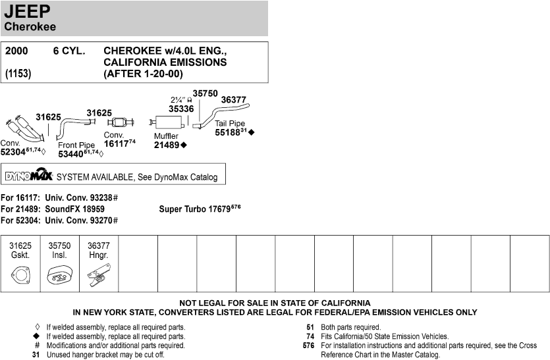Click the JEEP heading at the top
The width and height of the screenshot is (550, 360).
(x=28, y=12)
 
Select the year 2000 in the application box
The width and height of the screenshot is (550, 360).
(x=16, y=51)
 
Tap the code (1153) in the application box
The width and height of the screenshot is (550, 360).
(x=18, y=74)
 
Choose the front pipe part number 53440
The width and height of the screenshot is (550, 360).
(x=72, y=153)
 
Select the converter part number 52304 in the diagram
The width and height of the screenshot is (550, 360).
(x=13, y=151)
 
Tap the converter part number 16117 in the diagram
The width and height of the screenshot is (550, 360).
(x=116, y=143)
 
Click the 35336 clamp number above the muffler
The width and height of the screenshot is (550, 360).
(x=180, y=109)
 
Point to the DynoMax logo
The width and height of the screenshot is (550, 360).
(x=28, y=176)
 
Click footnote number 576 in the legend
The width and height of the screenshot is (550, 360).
(x=308, y=345)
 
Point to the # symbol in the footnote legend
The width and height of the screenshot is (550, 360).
(x=38, y=345)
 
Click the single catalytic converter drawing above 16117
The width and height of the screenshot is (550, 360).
(x=119, y=122)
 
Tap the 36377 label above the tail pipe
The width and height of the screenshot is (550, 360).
(x=233, y=100)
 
